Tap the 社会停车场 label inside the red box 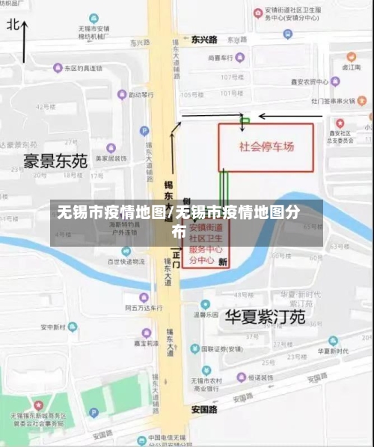point(266,147)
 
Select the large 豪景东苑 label point(55,160)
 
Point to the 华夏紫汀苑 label point(265,316)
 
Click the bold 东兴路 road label point(203,39)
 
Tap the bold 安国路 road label point(203,409)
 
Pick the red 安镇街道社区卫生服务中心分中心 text point(206,244)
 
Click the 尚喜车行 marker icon point(239,58)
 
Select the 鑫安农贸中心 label point(309,81)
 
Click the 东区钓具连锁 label point(81,68)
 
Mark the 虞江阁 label point(351,67)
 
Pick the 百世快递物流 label point(125,262)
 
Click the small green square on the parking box point(244,120)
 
